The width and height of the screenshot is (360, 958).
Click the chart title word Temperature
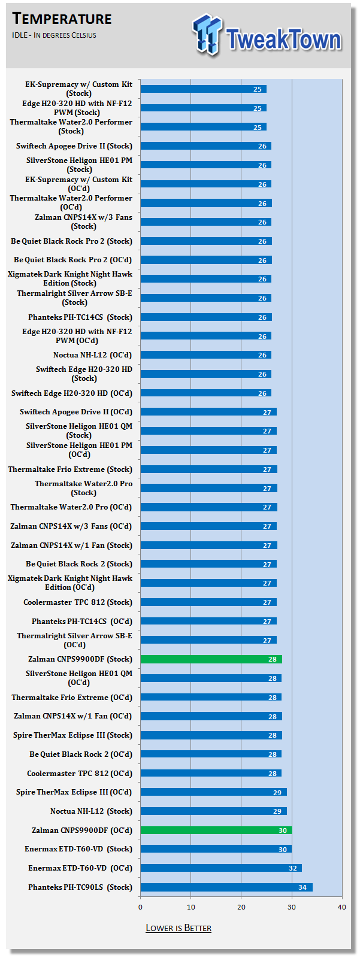click(62, 19)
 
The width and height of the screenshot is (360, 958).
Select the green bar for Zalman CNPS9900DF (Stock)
click(211, 659)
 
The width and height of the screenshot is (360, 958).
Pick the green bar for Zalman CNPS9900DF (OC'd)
click(216, 830)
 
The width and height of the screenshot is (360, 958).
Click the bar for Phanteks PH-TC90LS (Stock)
click(226, 887)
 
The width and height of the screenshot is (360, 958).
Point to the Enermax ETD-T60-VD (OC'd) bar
click(220, 868)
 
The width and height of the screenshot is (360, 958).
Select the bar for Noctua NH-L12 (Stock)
click(213, 811)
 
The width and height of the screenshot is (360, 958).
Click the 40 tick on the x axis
click(342, 907)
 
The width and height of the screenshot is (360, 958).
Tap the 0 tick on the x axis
click(141, 907)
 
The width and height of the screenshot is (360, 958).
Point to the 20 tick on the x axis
click(241, 907)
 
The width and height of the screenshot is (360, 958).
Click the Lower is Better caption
click(179, 928)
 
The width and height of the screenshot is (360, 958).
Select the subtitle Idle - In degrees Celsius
click(54, 35)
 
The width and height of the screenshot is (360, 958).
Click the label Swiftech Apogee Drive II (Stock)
click(74, 146)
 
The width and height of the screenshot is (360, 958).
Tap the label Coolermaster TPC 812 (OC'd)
click(80, 774)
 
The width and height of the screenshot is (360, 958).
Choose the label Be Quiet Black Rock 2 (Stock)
click(79, 564)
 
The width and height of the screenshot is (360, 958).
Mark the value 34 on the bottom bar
click(302, 887)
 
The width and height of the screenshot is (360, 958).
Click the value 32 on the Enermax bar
click(292, 868)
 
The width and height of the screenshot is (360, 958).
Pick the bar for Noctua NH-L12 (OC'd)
click(205, 355)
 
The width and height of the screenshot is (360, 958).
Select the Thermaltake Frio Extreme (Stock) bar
click(208, 469)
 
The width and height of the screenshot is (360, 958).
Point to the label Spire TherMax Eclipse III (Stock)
click(72, 735)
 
